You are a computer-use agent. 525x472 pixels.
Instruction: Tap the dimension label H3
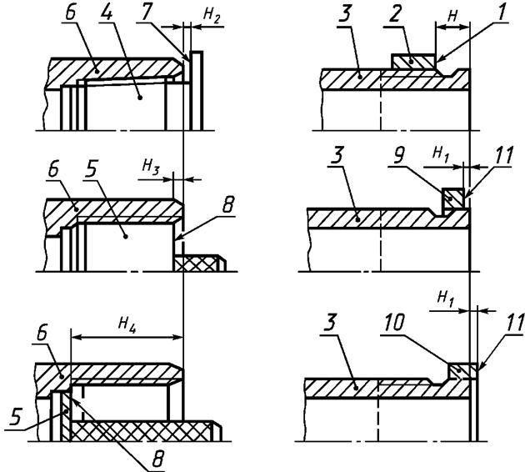tap(151, 167)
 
